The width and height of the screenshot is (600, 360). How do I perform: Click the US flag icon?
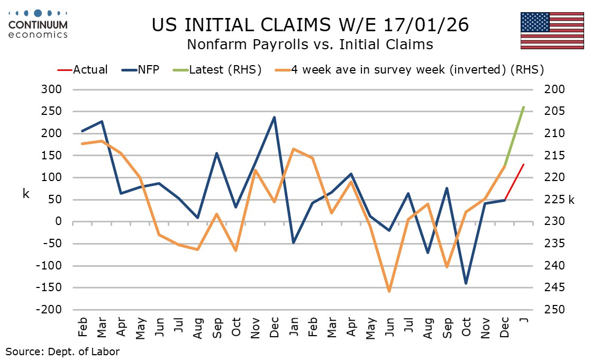[552, 30]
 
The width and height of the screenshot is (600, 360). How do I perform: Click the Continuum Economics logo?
[38, 24]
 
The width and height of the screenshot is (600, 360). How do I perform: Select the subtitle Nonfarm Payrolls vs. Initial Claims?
[310, 44]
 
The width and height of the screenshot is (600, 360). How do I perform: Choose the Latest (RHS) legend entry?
[225, 69]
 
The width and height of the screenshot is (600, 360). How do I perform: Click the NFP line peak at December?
[274, 117]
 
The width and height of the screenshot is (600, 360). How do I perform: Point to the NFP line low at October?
[466, 283]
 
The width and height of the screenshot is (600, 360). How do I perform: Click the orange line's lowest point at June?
[389, 291]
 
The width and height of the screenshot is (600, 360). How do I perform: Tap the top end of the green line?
[523, 107]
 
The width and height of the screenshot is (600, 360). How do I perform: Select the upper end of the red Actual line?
[523, 165]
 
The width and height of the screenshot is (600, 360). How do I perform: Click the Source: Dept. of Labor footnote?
[62, 351]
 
